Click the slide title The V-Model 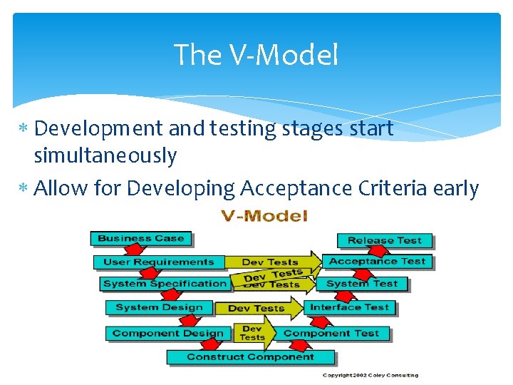click(256, 55)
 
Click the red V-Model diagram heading click(264, 216)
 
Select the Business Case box click(140, 239)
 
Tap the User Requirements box click(158, 262)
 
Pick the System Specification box click(165, 284)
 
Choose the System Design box click(159, 308)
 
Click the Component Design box click(167, 333)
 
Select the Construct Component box click(250, 356)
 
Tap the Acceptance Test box click(377, 262)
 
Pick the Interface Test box click(349, 308)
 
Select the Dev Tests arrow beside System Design click(256, 309)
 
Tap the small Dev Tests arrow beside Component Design click(253, 333)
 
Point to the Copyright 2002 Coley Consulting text click(370, 375)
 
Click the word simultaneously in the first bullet click(105, 155)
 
